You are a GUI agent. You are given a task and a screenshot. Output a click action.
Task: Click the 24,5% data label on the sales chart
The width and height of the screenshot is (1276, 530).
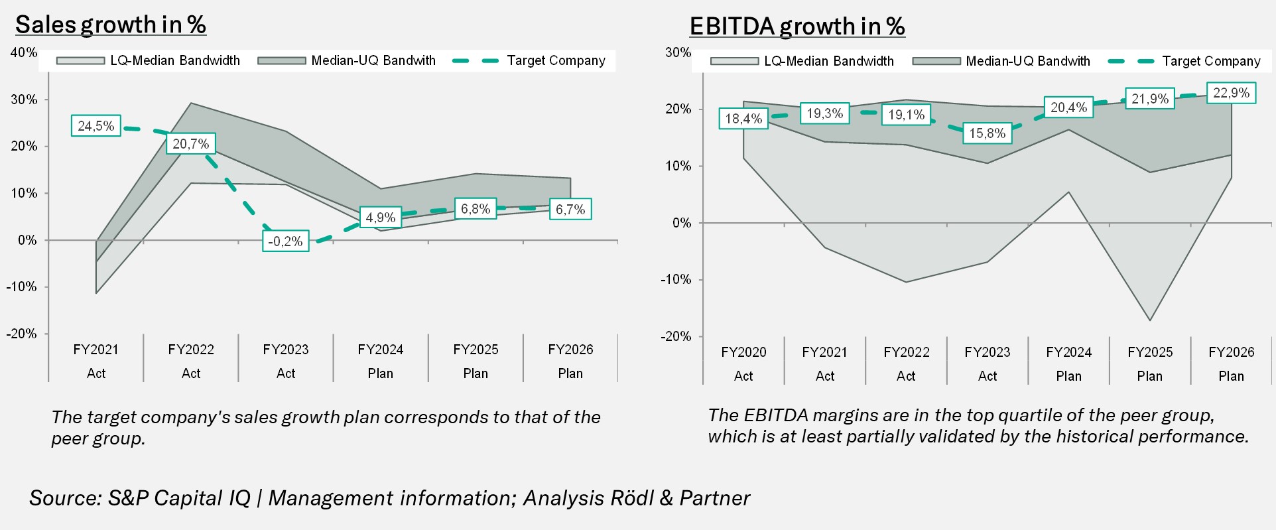[96, 125]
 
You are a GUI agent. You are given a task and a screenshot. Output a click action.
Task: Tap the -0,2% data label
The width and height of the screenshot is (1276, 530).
[285, 241]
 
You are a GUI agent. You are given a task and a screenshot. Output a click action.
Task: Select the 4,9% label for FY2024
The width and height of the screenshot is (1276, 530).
[381, 217]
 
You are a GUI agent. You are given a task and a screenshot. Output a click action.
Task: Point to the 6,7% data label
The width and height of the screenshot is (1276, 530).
[570, 210]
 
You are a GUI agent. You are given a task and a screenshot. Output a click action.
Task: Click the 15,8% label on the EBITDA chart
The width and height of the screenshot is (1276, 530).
[988, 133]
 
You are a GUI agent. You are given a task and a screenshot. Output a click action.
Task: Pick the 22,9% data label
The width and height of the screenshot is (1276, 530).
[1231, 93]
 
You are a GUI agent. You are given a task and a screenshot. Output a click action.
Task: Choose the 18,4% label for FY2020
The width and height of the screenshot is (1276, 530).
[743, 119]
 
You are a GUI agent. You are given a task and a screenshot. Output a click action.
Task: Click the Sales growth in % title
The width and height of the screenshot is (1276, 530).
[111, 25]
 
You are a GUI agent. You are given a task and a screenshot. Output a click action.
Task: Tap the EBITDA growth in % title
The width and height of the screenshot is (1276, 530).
[797, 27]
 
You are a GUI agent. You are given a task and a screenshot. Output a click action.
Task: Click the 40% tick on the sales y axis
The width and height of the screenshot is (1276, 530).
[24, 52]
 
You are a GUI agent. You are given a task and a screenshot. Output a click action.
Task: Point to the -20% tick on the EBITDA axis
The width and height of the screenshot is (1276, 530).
[676, 336]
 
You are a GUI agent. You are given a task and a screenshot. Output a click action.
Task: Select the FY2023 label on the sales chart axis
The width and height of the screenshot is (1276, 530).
[286, 350]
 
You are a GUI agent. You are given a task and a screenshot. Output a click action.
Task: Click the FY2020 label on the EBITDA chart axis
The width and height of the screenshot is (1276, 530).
[743, 352]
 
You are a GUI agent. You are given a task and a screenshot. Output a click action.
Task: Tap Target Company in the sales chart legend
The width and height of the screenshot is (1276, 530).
[556, 60]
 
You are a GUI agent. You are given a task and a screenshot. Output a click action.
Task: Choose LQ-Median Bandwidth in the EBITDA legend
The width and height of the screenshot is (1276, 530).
[828, 61]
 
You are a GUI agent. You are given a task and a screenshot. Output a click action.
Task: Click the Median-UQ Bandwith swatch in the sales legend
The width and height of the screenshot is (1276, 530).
[281, 61]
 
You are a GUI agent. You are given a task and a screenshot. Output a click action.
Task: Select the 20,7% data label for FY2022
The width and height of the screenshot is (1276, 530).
[191, 143]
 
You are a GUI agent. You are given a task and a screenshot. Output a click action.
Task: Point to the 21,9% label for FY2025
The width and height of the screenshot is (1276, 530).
[1150, 99]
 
